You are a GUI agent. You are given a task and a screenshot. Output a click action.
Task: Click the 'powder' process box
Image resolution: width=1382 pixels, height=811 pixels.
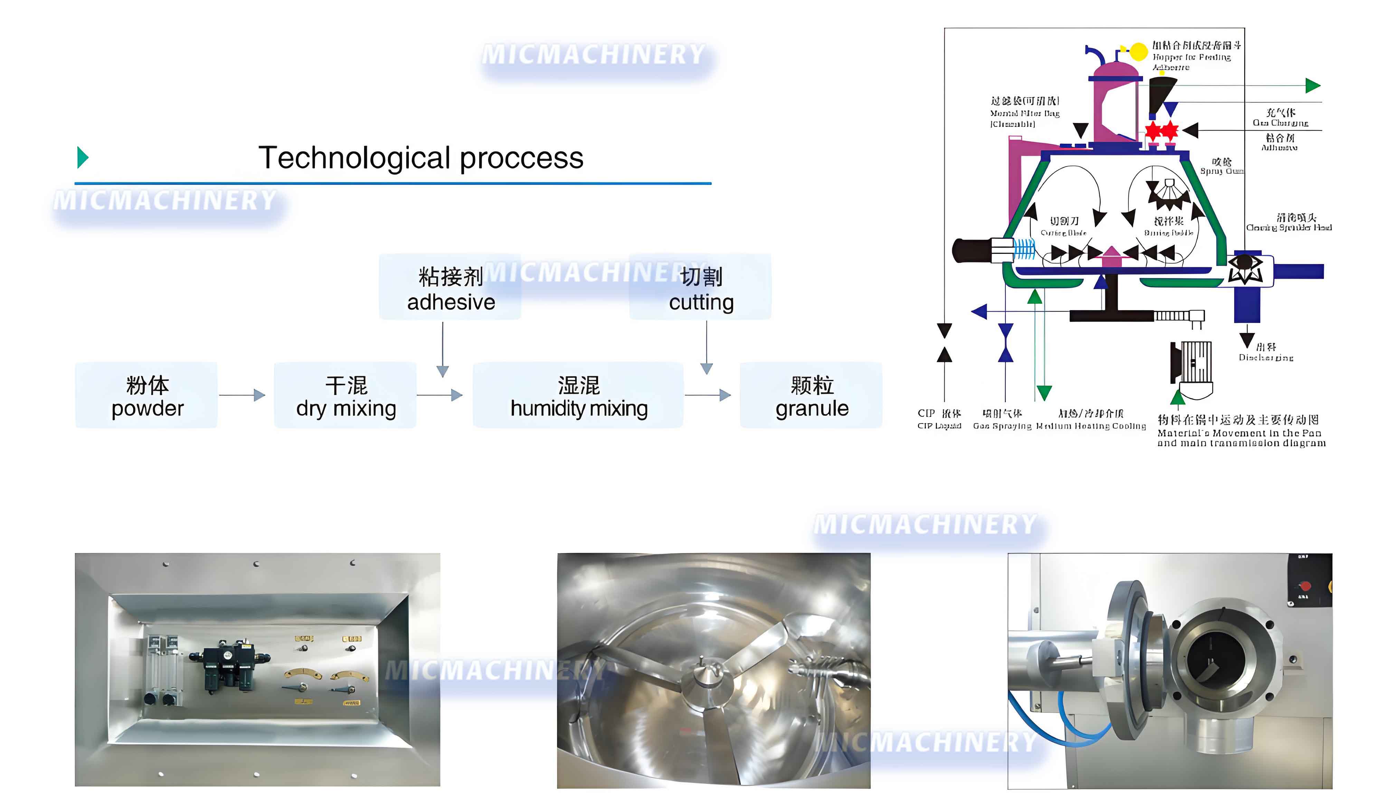click(x=146, y=395)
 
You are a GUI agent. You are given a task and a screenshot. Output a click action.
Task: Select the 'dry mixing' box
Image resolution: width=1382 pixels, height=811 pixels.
click(x=345, y=395)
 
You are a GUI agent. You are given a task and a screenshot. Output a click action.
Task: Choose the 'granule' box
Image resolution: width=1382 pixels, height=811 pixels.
click(x=811, y=395)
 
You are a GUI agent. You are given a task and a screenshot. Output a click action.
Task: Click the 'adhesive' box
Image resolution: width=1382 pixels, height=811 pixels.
click(x=450, y=287)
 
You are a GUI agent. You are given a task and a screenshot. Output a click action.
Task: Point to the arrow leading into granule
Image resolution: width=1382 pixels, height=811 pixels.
click(x=708, y=395)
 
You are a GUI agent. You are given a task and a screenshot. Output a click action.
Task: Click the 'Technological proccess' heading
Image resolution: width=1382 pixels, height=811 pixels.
click(x=420, y=158)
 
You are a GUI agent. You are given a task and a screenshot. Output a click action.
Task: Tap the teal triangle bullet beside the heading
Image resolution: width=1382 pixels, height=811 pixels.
click(x=83, y=158)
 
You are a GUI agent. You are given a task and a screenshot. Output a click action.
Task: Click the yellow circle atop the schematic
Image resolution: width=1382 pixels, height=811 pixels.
click(x=1138, y=51)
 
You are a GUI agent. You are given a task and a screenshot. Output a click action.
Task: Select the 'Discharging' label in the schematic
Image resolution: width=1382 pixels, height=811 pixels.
click(x=1266, y=353)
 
